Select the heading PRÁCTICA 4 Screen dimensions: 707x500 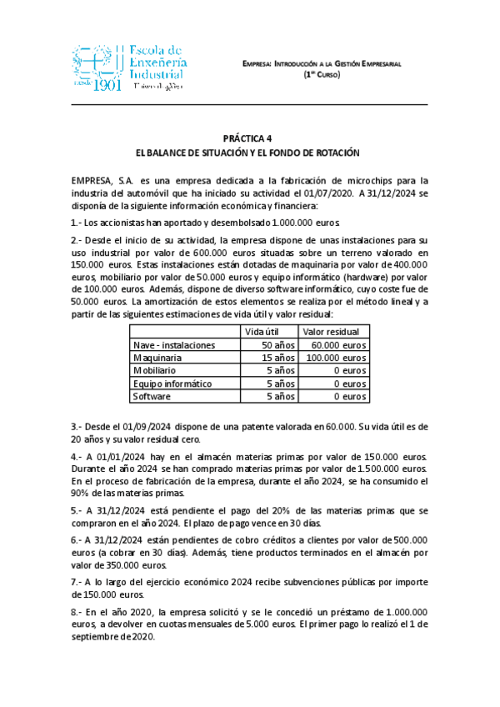point(249,138)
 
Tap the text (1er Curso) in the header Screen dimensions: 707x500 point(332,74)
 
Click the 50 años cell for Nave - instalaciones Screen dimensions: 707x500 point(278,344)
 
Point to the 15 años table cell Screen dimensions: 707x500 point(278,358)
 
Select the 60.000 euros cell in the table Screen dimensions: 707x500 point(339,344)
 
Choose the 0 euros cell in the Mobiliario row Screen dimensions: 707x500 point(350,370)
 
